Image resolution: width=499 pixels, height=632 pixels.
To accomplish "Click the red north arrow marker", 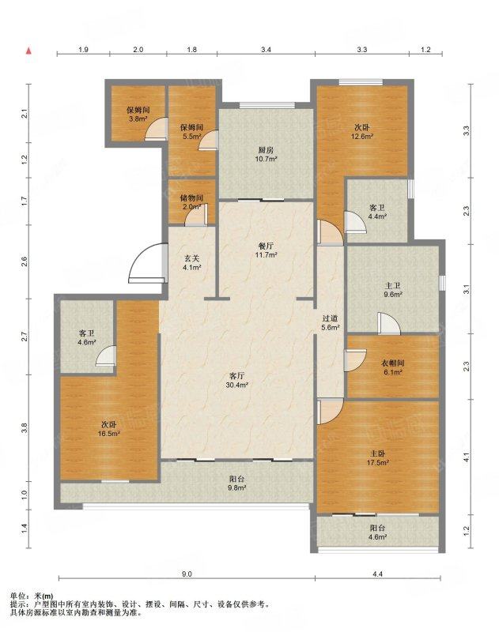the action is point(28,51).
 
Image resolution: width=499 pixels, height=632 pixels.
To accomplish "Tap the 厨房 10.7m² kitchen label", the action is point(267,154).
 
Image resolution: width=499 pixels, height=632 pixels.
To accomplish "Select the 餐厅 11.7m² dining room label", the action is point(266,250).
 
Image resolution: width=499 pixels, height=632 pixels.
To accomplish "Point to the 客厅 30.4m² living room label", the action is point(236,380).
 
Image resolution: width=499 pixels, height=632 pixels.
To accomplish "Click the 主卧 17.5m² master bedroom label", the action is point(377,458).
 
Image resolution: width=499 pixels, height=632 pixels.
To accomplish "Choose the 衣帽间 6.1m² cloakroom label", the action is point(392,367).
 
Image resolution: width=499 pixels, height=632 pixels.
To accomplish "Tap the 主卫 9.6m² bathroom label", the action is point(393,290).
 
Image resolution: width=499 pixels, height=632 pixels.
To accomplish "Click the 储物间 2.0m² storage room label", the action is point(191,202).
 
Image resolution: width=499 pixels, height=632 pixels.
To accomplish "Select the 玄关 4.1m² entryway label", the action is point(192,262).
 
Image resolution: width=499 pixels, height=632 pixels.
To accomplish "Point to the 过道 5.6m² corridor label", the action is point(330,323).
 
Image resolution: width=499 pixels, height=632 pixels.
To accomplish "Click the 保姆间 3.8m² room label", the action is point(138,114).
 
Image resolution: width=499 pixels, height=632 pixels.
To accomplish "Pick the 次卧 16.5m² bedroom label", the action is point(109,429).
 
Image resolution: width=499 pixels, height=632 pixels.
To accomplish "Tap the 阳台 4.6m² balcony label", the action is point(377,532).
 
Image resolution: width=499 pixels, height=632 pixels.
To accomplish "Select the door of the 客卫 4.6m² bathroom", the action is point(107,355).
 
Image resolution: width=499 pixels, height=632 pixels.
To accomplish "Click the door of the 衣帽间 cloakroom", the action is point(355,361).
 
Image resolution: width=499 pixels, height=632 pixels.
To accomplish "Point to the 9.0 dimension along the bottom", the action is point(187,574).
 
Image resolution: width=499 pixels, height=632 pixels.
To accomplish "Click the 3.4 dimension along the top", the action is point(266,50).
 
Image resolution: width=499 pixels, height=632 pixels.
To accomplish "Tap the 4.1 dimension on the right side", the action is point(467,457).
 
